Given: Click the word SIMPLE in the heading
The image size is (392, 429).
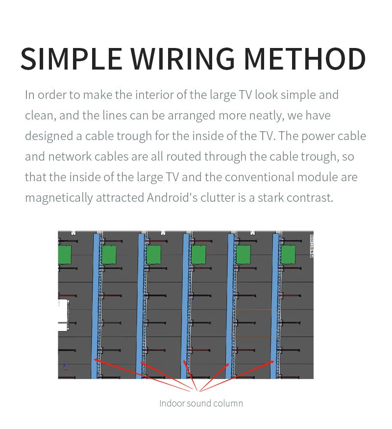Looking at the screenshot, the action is [x=72, y=59].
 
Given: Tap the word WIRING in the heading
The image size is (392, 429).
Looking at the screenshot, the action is [x=182, y=59].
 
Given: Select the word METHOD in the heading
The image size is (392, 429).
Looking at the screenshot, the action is [x=305, y=59].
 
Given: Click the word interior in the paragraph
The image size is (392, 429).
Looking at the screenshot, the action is [x=154, y=95].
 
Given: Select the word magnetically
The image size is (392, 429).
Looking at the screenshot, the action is [x=59, y=198].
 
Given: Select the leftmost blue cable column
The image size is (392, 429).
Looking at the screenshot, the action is [x=95, y=306].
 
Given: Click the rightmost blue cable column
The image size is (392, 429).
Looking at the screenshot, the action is [x=274, y=306].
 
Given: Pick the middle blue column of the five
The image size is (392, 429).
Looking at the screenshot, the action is [x=185, y=306].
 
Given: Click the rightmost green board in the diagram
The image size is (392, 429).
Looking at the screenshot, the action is [x=288, y=255].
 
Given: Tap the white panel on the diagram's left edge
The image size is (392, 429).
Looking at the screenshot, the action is [x=63, y=315].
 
